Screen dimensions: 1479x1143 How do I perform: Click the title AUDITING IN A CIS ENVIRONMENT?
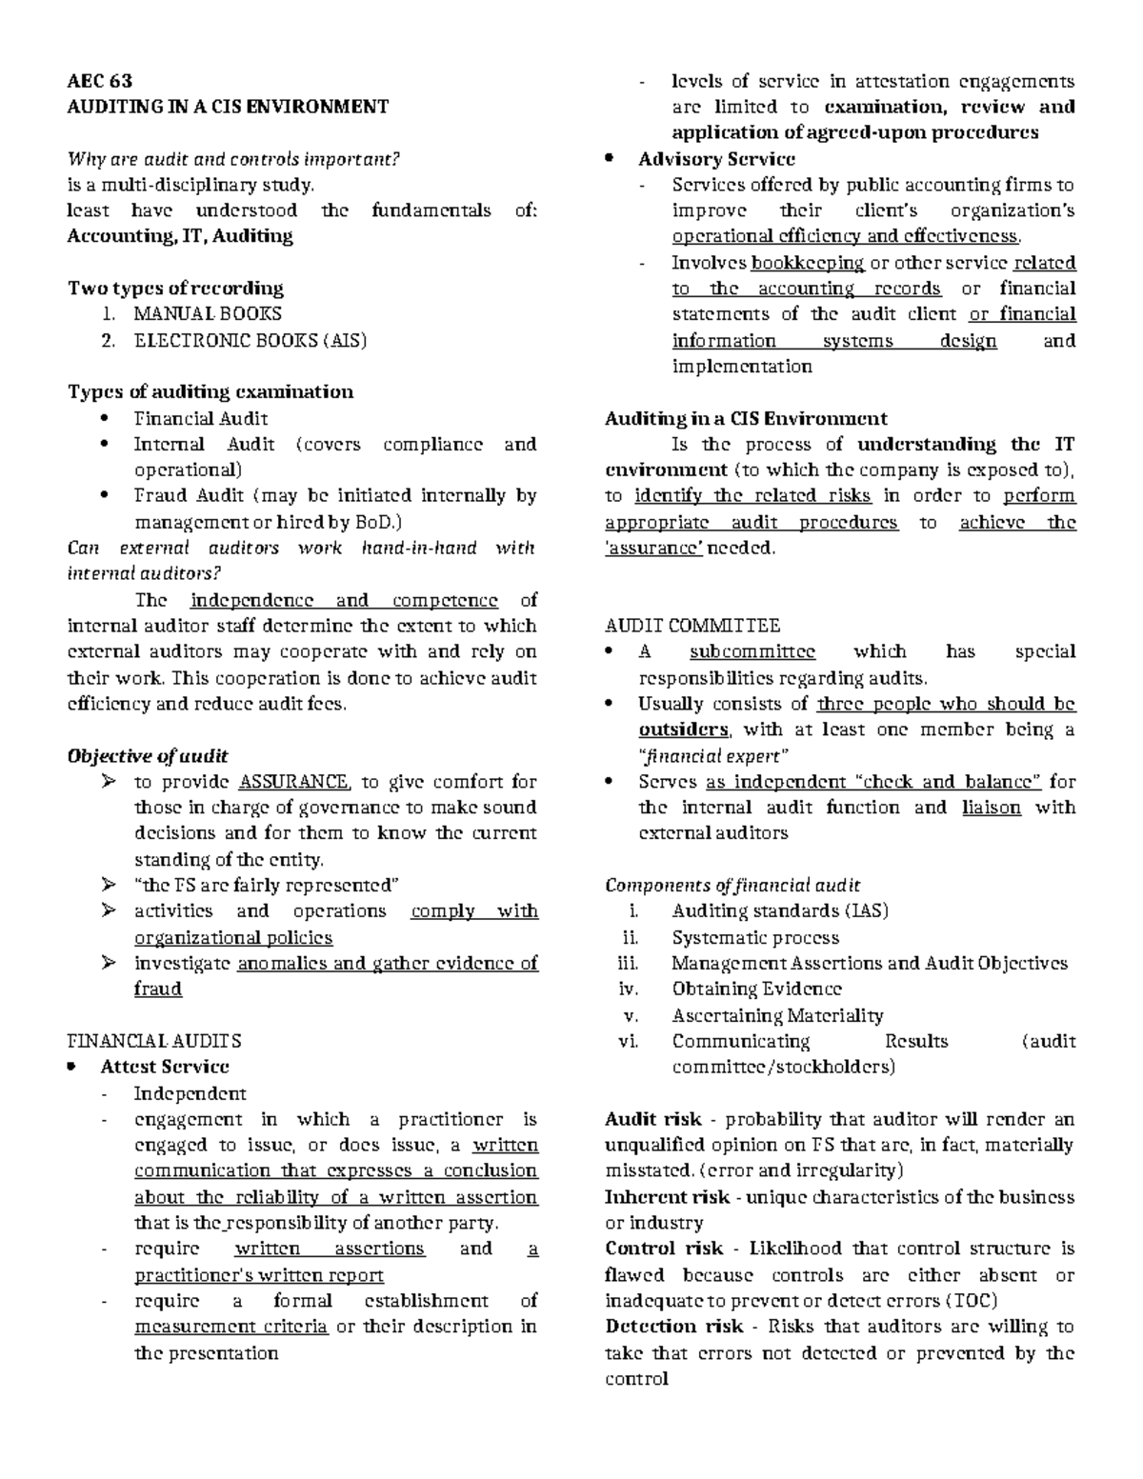click(227, 107)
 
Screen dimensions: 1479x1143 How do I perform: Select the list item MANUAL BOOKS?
click(208, 313)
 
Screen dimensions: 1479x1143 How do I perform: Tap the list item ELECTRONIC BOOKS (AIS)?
click(250, 340)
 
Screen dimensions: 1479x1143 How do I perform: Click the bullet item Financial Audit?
click(200, 418)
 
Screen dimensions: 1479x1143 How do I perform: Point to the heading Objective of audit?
click(147, 756)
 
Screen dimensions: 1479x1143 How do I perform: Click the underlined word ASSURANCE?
click(294, 782)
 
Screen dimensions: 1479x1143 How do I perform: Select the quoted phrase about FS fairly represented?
click(263, 886)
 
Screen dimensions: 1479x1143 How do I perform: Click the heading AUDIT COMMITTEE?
click(692, 626)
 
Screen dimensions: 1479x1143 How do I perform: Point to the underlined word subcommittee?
click(752, 652)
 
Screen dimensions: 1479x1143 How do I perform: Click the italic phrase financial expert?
click(713, 756)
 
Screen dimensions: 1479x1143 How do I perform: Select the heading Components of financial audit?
click(732, 885)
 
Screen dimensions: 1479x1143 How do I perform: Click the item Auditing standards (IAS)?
click(779, 910)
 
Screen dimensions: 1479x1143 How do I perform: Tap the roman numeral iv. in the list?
click(629, 989)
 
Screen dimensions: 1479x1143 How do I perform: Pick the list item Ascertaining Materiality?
click(777, 1015)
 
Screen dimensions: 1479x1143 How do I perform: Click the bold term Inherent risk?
click(667, 1197)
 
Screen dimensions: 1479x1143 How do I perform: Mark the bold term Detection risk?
click(674, 1327)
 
